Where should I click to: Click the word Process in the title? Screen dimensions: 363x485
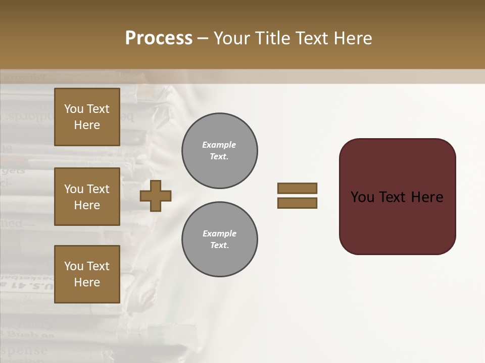tap(159, 38)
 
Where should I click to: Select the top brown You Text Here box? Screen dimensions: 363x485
tap(87, 117)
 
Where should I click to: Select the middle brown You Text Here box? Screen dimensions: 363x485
tap(87, 197)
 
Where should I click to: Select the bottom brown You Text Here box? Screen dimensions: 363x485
tap(87, 274)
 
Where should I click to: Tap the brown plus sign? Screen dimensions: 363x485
tap(156, 196)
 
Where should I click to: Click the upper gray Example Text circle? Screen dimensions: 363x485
tap(219, 151)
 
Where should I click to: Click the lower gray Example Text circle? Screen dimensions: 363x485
tap(219, 239)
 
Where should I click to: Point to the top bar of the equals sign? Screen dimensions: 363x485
tap(297, 188)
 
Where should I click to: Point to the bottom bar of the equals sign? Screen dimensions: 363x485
tap(297, 203)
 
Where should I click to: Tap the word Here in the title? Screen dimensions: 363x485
tap(353, 38)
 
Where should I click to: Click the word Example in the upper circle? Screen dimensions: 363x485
tap(219, 145)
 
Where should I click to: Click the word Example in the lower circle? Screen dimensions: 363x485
tap(219, 233)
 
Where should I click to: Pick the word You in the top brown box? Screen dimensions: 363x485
tap(74, 109)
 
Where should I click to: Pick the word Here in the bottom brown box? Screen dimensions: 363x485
tap(87, 282)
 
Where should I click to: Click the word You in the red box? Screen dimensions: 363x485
tap(362, 197)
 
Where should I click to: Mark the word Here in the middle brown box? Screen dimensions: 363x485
tap(87, 205)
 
